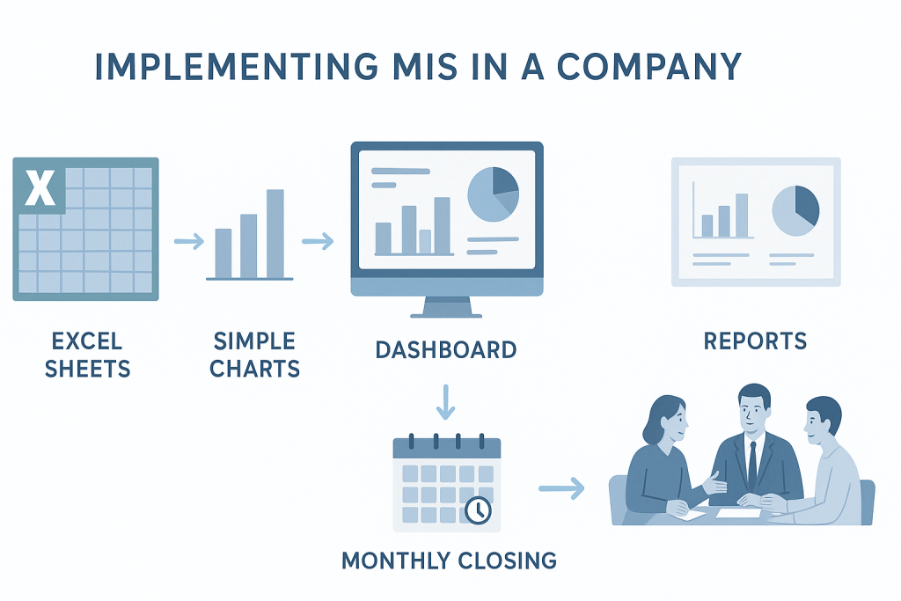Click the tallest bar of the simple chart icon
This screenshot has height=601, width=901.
pos(275,233)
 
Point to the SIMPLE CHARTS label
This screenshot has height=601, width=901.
pos(255,355)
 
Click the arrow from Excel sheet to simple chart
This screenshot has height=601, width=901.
pos(188,240)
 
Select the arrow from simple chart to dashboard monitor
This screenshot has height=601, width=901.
pos(318,240)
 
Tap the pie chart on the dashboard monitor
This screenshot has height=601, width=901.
pos(493,194)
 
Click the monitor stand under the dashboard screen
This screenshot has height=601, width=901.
pos(447,307)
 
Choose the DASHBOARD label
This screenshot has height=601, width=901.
pos(445,350)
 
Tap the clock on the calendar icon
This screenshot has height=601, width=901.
pos(477,509)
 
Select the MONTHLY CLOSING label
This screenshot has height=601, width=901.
pos(449,561)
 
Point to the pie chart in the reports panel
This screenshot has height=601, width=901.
pos(795,210)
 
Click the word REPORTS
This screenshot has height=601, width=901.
pos(755,341)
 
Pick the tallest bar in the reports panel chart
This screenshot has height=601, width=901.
pos(742,215)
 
